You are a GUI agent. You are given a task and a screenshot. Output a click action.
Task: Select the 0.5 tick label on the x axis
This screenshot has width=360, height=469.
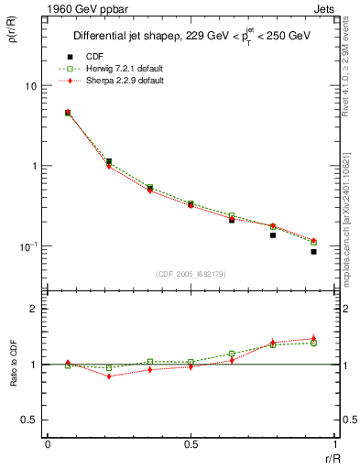[x=191, y=443]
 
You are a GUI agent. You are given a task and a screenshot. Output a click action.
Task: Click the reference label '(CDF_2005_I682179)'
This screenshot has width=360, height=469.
[x=191, y=275]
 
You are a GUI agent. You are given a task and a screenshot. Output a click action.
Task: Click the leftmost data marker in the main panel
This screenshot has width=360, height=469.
[x=68, y=113]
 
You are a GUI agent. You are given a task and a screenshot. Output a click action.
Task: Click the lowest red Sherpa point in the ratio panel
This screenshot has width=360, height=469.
[x=109, y=376]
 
